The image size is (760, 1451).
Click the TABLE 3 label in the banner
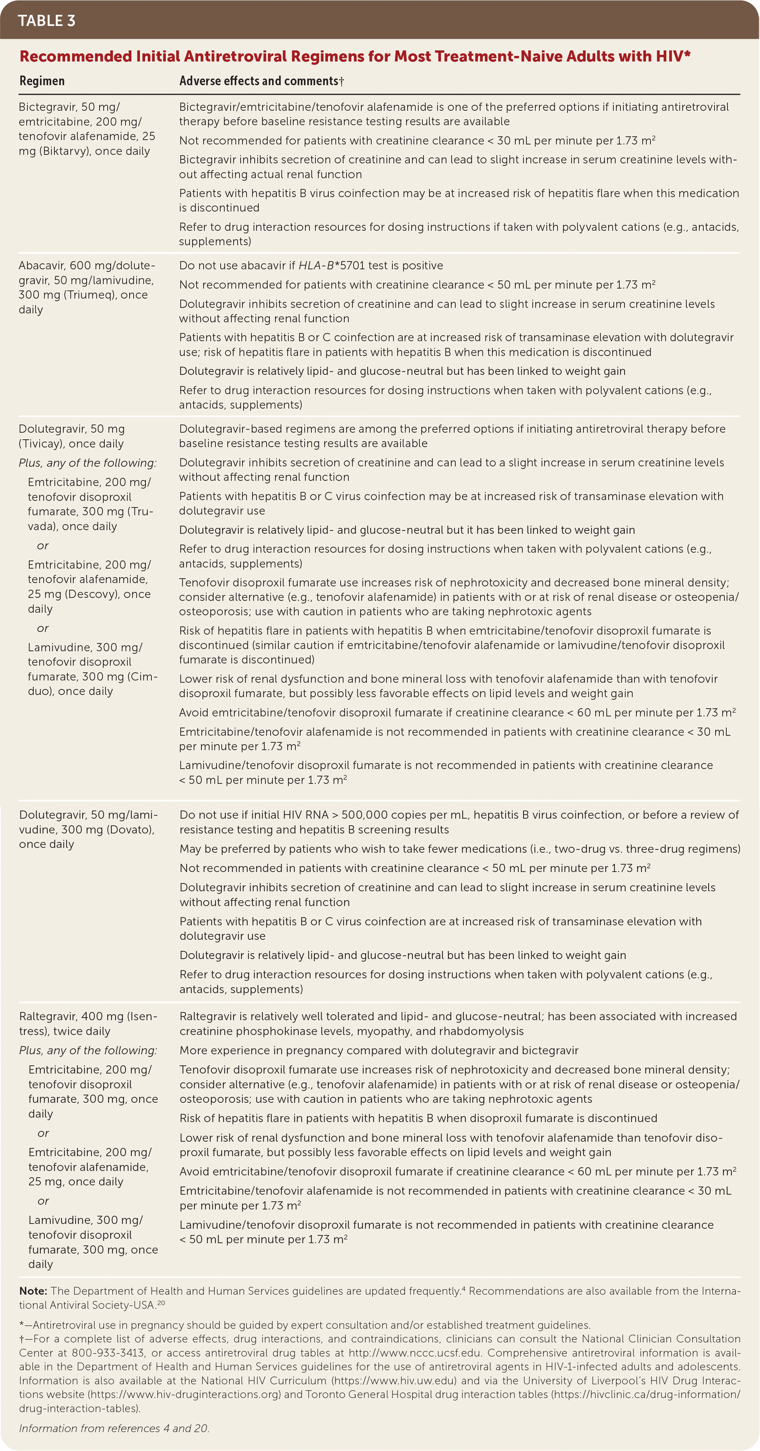pyautogui.click(x=47, y=21)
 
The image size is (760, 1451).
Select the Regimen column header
pyautogui.click(x=42, y=81)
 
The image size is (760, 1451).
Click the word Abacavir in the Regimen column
pyautogui.click(x=42, y=265)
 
